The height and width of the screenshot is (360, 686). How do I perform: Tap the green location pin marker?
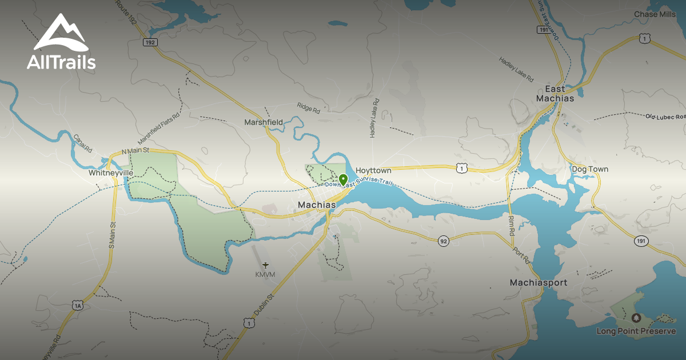point(343,180)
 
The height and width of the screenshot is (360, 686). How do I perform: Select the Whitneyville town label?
point(111,173)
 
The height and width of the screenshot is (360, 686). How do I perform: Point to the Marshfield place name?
point(264,122)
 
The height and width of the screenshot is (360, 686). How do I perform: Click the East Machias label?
point(555,94)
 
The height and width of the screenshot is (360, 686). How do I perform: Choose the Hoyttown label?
point(373,170)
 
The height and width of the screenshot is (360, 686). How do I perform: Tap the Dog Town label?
point(590,169)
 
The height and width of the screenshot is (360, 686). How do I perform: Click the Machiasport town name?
point(538,283)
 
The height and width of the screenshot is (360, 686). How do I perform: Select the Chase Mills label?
point(655,14)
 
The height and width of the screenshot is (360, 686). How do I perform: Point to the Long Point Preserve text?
point(636,331)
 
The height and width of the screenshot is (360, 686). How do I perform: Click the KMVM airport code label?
point(265,275)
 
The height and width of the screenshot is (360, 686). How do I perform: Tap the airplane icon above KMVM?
point(265,265)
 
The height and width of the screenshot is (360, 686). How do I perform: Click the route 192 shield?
point(150,42)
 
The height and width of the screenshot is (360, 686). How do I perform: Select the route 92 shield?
point(444,242)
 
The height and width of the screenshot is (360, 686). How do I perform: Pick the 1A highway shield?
point(78,306)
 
